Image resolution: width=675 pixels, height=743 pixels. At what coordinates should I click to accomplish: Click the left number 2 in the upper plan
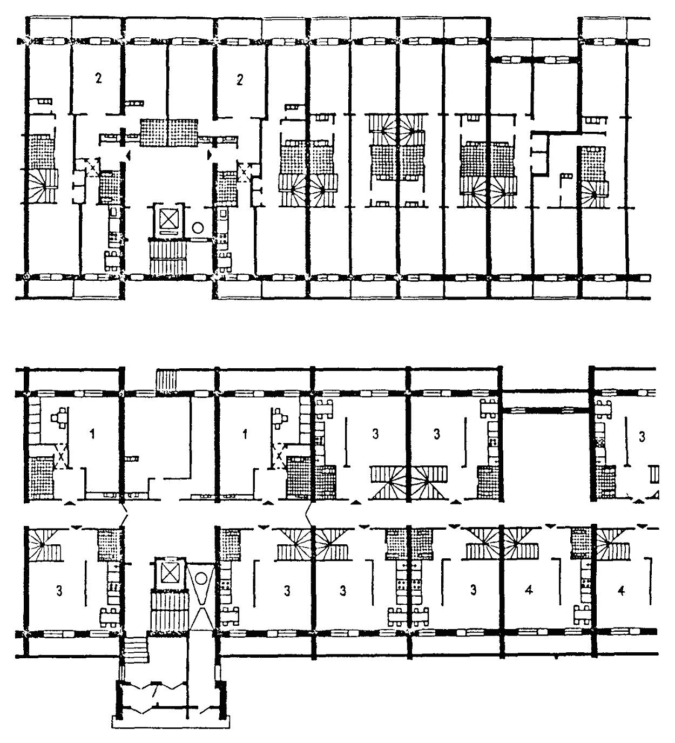(x=98, y=79)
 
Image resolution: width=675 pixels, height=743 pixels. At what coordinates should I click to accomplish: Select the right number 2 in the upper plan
(x=240, y=79)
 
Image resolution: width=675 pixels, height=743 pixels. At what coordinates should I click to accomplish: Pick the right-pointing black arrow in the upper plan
(x=210, y=155)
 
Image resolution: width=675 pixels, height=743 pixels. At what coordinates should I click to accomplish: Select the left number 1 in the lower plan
(x=93, y=434)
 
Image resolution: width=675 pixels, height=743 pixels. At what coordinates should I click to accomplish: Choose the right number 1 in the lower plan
(x=245, y=434)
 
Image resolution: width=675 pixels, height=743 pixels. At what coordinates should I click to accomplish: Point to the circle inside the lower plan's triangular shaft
(x=201, y=578)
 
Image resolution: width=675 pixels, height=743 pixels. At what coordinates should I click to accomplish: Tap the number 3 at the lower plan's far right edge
(x=642, y=437)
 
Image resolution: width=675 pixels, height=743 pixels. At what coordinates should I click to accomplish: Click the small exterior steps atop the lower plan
(x=166, y=380)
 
